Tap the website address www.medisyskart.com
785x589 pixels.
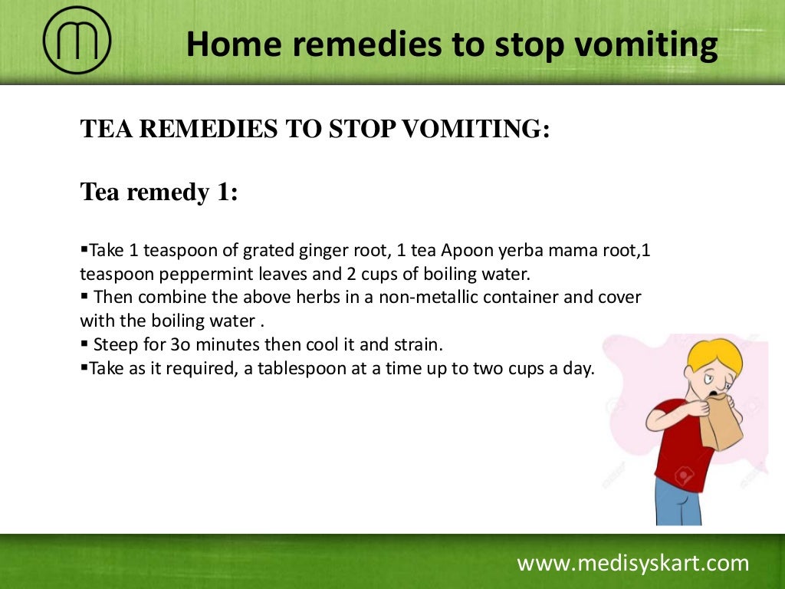pos(632,564)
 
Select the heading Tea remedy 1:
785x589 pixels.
pos(159,192)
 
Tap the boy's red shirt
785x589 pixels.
pos(678,452)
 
